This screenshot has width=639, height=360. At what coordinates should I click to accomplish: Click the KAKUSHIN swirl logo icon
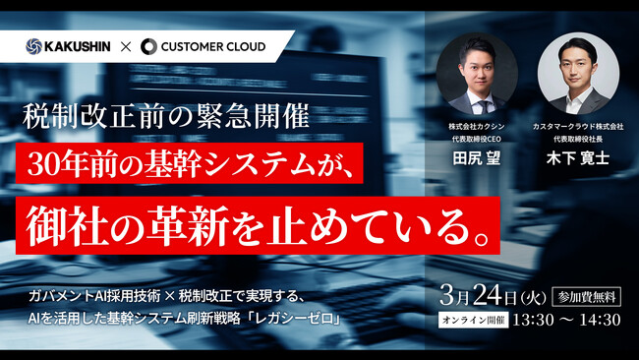coord(34,45)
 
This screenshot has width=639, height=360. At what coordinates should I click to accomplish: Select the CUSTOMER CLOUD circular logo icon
coord(149,45)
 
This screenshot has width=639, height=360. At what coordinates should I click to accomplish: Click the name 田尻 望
coord(476,159)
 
